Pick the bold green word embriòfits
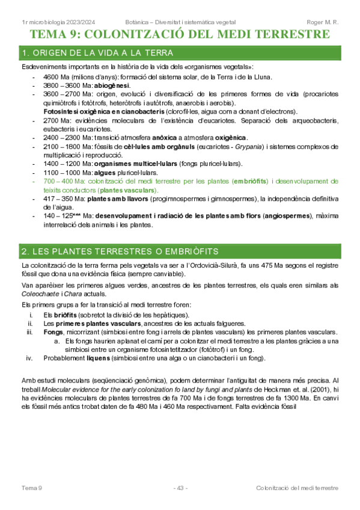click(x=251, y=181)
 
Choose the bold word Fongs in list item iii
click(x=53, y=332)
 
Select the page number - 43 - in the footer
click(x=180, y=487)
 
